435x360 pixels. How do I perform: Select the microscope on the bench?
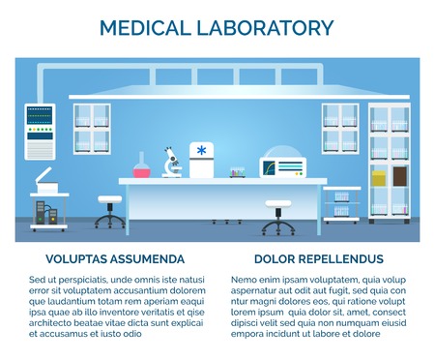point(172,162)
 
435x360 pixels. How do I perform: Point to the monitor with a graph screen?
point(282,166)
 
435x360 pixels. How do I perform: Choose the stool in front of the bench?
point(277,218)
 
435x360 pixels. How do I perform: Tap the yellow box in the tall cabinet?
point(379,179)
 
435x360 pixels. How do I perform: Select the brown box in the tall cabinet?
point(399,177)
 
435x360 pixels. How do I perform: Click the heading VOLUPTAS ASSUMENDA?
point(115,259)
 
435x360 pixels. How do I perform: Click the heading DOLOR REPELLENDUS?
point(319,259)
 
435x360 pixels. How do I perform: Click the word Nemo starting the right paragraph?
point(246,280)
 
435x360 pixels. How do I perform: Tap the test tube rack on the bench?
point(238,173)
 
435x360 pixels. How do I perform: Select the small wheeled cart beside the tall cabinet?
point(342,203)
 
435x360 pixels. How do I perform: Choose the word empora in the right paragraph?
point(249,334)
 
